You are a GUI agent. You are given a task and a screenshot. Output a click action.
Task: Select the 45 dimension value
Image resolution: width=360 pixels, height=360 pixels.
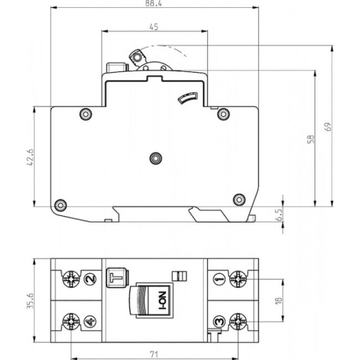point(155,27)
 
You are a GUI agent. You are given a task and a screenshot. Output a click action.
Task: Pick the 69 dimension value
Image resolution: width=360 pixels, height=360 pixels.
point(327,126)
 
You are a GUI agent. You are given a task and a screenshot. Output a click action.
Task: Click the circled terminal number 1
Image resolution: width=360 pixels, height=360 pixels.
point(219,279)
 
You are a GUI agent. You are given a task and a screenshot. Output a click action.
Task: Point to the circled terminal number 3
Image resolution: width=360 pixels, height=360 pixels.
point(219,320)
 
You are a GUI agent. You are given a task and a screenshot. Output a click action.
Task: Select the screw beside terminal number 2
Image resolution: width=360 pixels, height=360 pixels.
point(72,279)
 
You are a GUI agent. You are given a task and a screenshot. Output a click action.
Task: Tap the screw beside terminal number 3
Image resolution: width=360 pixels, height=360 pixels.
point(238,320)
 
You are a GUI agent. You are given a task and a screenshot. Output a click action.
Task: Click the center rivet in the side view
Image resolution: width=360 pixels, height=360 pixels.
point(156,158)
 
